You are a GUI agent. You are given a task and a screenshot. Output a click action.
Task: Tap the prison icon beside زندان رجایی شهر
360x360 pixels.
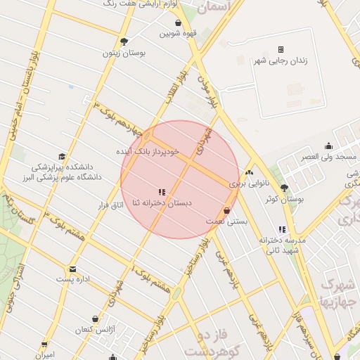click(281, 49)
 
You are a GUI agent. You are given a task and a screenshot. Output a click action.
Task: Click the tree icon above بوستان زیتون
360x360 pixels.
click(124, 41)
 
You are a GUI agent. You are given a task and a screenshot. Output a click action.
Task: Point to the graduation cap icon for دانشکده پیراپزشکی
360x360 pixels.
click(62, 157)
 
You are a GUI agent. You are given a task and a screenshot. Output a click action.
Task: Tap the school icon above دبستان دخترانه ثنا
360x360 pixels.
click(162, 191)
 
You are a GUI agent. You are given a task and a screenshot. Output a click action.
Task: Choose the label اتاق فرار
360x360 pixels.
click(109, 205)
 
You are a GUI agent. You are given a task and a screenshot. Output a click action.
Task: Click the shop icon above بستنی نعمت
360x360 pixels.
click(226, 210)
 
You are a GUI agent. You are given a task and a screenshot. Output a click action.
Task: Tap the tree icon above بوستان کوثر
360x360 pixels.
click(284, 188)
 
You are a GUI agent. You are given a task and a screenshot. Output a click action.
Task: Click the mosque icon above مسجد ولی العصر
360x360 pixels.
click(328, 146)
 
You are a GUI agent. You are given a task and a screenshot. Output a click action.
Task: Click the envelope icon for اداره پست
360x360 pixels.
click(72, 269)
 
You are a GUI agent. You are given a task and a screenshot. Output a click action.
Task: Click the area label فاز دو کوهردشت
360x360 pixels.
click(209, 342)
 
